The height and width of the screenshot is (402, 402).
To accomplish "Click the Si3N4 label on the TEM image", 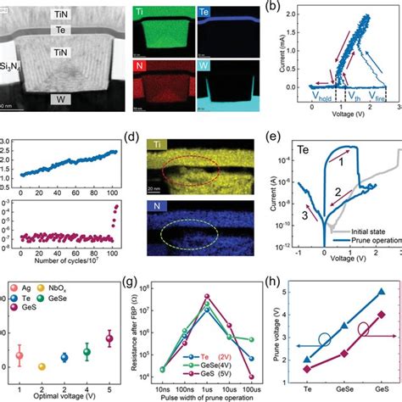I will coord(11,64).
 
